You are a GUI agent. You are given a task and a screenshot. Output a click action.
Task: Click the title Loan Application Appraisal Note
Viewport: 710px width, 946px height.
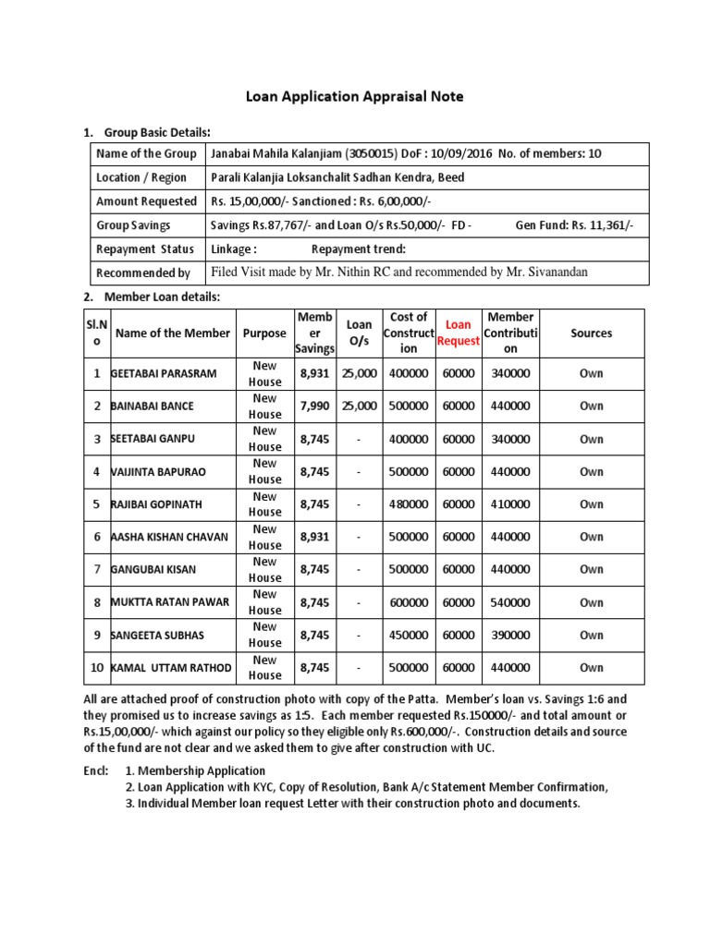pos(354,96)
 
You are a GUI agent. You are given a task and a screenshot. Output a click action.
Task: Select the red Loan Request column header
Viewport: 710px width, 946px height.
pos(459,333)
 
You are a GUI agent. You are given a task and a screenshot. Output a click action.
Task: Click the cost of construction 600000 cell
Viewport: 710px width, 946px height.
pos(409,602)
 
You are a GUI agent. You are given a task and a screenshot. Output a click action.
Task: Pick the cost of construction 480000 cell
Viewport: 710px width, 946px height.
pos(409,504)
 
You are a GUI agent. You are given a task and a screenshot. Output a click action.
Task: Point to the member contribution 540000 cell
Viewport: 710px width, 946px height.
pos(510,602)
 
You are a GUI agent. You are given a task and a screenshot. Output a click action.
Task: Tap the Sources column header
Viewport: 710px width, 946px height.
pos(591,333)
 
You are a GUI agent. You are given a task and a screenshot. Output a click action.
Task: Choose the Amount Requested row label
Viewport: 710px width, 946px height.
pos(146,201)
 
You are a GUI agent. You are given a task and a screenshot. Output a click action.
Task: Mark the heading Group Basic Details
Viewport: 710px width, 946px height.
pos(158,132)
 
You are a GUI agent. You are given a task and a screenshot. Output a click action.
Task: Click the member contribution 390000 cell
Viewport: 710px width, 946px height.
pos(510,636)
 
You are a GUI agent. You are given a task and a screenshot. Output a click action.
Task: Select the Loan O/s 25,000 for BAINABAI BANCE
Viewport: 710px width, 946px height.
pos(360,406)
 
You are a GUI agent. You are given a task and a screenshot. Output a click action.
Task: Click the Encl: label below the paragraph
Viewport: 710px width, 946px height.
pos(95,770)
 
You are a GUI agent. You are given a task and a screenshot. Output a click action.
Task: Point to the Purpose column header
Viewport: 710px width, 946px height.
pos(264,333)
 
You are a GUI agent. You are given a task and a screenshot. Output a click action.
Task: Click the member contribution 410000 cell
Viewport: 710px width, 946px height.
pos(510,504)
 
